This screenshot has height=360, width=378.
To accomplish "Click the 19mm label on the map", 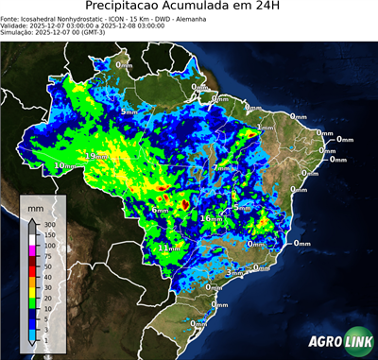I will click(96, 156).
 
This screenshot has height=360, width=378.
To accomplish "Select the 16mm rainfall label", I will click(210, 218).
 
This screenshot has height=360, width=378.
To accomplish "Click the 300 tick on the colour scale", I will click(45, 223).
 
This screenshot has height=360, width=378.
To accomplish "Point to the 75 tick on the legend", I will click(45, 255).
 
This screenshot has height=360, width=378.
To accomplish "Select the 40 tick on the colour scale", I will click(45, 287).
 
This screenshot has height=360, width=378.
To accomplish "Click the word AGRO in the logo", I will click(322, 342).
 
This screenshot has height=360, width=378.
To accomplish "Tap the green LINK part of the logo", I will click(353, 342).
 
